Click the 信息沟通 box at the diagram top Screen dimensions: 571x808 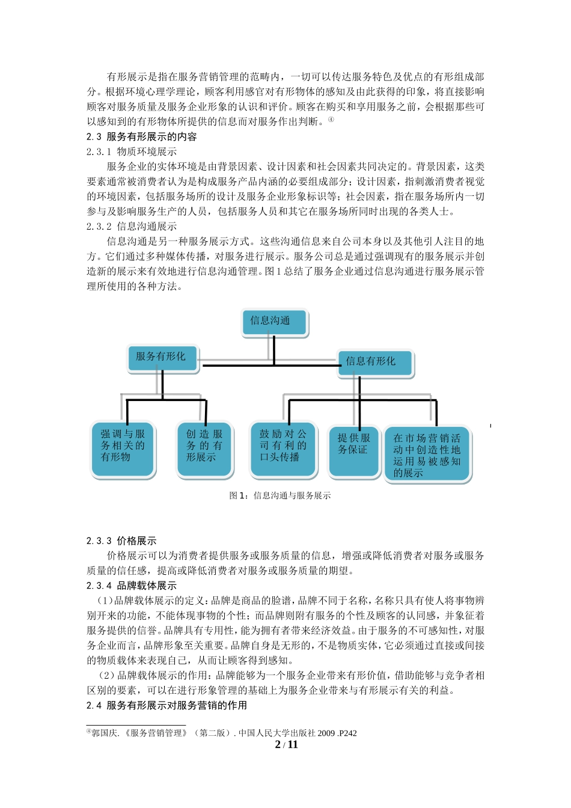click(274, 322)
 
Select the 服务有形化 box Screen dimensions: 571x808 click(162, 358)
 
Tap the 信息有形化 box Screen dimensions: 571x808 click(374, 363)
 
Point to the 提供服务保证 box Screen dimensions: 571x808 click(354, 450)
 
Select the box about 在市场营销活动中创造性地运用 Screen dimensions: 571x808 click(427, 454)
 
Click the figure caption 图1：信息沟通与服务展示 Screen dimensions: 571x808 click(280, 496)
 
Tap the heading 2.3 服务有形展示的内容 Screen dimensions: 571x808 click(142, 137)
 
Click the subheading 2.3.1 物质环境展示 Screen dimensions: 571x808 click(132, 152)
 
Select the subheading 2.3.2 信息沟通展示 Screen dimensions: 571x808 click(132, 227)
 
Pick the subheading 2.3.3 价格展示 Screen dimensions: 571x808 click(121, 541)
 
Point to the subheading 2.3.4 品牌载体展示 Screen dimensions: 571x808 click(132, 586)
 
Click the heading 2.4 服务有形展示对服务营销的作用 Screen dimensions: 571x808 click(166, 705)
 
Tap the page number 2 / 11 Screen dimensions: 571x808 click(286, 745)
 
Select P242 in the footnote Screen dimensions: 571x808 click(347, 733)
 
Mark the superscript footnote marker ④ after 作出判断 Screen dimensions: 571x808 click(331, 120)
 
